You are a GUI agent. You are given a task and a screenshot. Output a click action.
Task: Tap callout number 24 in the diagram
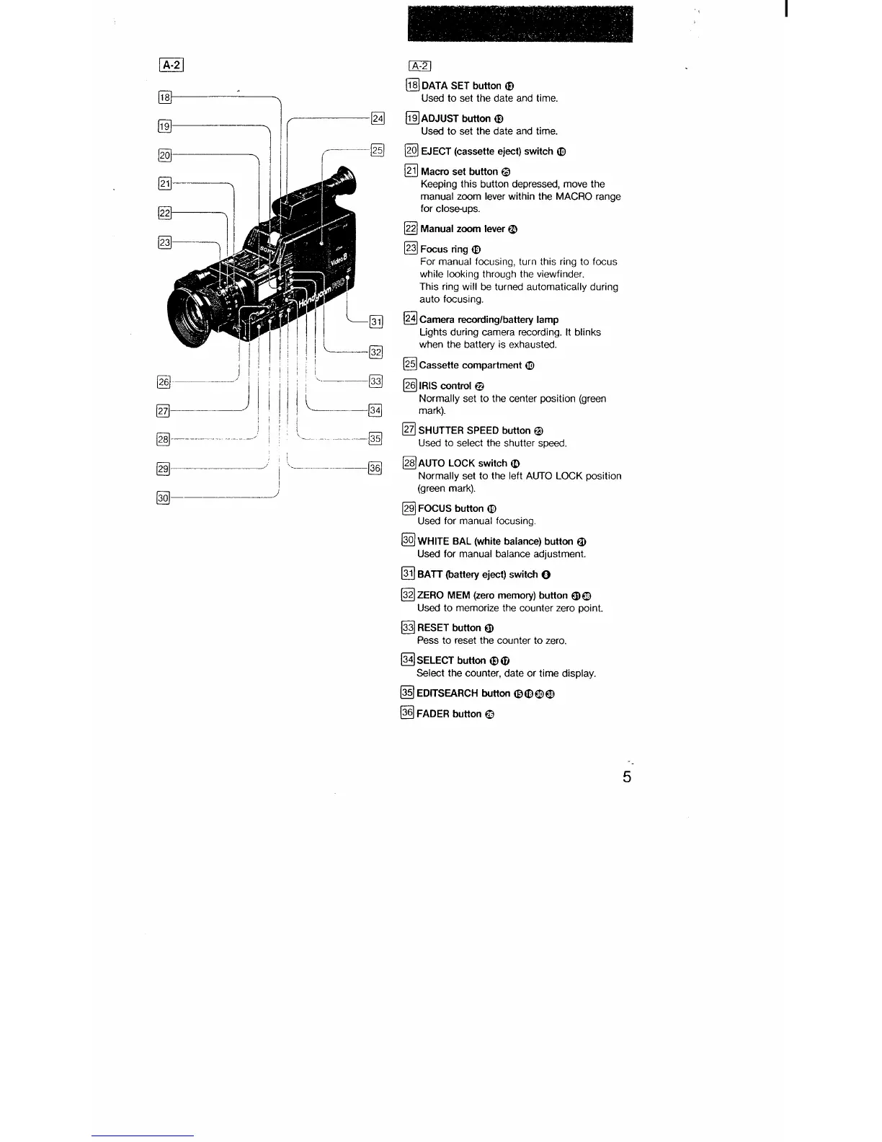(378, 118)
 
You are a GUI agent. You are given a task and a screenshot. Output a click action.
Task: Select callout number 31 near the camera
(375, 322)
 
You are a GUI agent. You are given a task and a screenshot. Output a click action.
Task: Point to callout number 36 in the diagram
(375, 468)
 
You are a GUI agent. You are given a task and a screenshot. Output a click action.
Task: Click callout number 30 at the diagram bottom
(164, 497)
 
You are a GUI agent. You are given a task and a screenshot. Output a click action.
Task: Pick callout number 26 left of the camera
(164, 381)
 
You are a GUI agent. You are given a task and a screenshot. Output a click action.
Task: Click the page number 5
(627, 776)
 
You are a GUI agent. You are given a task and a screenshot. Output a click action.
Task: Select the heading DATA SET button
(461, 86)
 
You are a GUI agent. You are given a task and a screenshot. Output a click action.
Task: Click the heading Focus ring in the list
(444, 249)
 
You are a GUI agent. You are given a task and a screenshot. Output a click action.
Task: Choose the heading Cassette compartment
(471, 365)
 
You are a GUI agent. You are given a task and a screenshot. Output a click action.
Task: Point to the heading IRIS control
(445, 386)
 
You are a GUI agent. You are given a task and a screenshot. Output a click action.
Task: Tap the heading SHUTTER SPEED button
(474, 430)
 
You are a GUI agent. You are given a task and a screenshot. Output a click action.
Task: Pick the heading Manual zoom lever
(462, 229)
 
